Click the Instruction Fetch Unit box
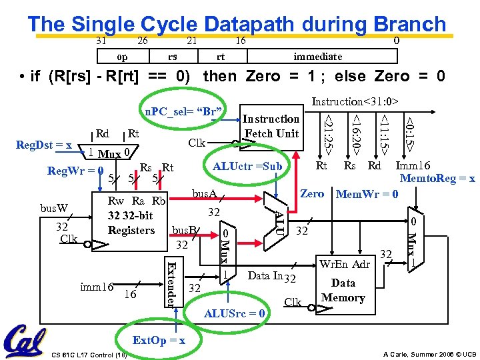click(x=271, y=126)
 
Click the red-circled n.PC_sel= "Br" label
click(x=183, y=109)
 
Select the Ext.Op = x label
click(x=158, y=340)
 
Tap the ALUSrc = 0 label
click(x=235, y=313)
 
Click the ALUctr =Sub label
click(x=247, y=166)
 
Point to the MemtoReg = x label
click(x=437, y=179)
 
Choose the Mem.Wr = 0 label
click(x=367, y=195)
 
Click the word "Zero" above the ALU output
click(x=312, y=194)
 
